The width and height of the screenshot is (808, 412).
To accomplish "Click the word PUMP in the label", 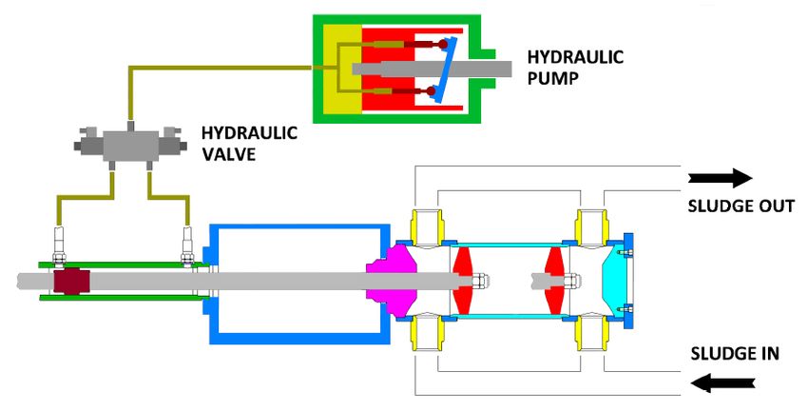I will (x=551, y=77).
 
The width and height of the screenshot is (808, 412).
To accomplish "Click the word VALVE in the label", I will (x=228, y=152).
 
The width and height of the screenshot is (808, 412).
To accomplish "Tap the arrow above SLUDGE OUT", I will (x=720, y=177).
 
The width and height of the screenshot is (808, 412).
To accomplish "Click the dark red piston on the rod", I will (x=71, y=282).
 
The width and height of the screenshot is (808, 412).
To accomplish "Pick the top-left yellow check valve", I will (x=423, y=226).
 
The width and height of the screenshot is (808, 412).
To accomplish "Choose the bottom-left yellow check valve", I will (x=423, y=335).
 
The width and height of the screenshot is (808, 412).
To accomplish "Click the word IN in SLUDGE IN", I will (x=769, y=354).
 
